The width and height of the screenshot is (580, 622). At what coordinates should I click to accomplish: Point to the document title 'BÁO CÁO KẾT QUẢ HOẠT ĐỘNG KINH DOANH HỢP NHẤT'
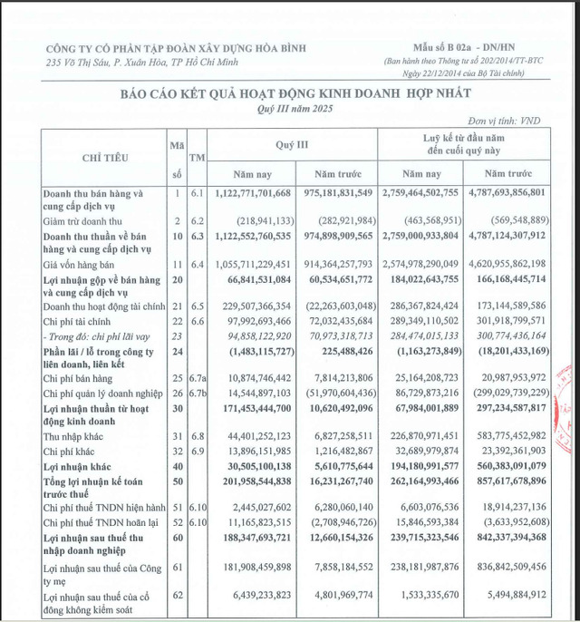[x=289, y=94]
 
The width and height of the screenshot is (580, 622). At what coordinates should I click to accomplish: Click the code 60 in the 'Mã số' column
[x=178, y=539]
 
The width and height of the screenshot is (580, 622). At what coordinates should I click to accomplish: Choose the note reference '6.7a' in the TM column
[x=197, y=375]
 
